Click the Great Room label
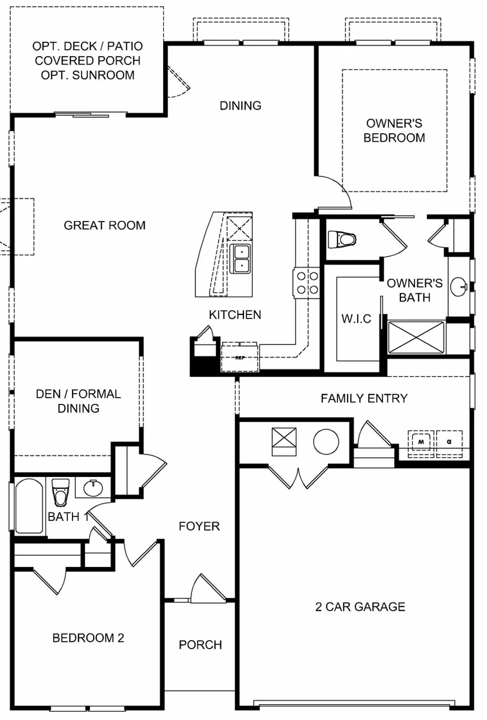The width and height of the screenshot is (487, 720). coord(104,225)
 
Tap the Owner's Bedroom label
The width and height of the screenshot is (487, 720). coord(394,130)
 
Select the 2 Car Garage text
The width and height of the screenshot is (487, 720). coord(360,607)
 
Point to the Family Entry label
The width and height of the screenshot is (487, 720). coord(364,398)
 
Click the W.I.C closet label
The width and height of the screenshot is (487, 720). coord(356,318)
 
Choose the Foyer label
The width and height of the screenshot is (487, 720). coord(199,526)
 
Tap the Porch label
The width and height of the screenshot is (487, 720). coord(200,645)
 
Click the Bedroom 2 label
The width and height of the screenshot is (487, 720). coord(88,638)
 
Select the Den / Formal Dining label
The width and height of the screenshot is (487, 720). coord(78,401)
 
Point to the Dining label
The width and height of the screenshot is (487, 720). coord(241,105)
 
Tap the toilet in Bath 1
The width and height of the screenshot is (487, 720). coord(60,491)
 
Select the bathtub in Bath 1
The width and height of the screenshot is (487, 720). coord(29,506)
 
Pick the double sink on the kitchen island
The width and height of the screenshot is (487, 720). coord(241,258)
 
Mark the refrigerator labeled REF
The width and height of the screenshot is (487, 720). coord(240,357)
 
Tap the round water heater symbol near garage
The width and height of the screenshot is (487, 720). coord(326,441)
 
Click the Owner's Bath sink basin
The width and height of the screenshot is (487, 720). coord(459,287)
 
